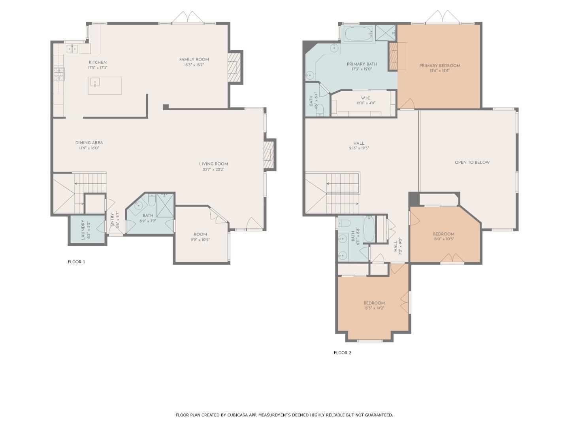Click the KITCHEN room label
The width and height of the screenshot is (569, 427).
pos(97,62)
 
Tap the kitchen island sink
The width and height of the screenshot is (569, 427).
pos(95,82)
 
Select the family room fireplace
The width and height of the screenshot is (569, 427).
pos(234,66)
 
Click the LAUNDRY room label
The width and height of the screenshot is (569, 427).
pos(83,230)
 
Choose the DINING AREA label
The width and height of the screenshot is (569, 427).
pos(89,143)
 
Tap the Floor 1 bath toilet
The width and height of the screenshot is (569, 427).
pos(152,201)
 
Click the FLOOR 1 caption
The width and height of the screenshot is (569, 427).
pos(76,262)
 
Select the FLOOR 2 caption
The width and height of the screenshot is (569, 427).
pos(342,353)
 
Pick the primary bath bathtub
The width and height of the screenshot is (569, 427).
pos(358,34)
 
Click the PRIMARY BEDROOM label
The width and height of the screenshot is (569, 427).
pos(439,66)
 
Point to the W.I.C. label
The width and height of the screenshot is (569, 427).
pos(366,98)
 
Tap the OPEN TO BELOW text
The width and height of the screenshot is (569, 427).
pos(472,162)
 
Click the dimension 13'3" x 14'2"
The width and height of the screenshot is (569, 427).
pos(374,308)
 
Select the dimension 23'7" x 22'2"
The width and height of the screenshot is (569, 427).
pos(213,169)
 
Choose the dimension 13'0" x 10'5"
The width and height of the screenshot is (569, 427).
pos(443,239)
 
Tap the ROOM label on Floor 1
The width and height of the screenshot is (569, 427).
pos(201,234)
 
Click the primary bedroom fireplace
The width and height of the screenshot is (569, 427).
pos(393,57)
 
